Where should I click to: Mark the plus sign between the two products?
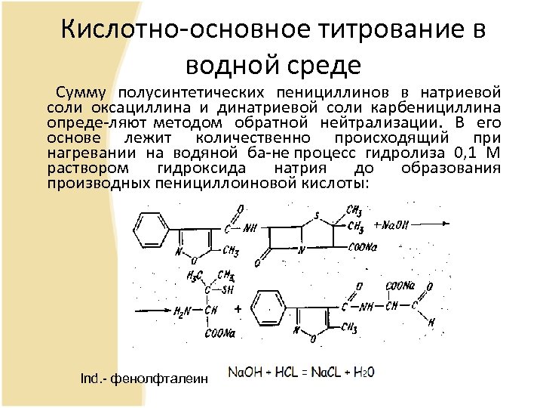(238, 310)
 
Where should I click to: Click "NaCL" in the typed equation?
(322, 372)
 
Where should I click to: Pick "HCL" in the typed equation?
(284, 372)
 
